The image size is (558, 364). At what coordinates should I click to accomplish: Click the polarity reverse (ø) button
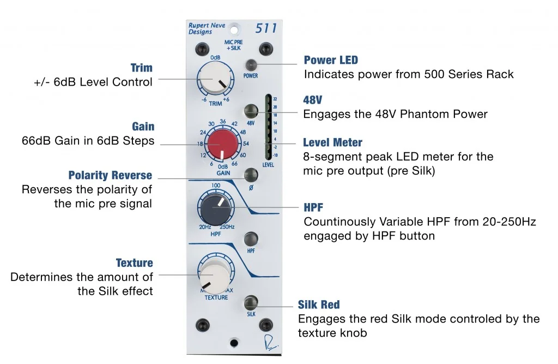pos(251,176)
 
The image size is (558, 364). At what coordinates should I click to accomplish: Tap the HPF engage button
pos(251,238)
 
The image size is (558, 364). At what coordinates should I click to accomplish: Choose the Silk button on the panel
pos(251,302)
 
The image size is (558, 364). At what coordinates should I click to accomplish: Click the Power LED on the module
pos(251,64)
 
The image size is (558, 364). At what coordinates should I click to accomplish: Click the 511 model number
pos(266,29)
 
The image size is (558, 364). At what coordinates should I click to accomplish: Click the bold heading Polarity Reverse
pos(110,176)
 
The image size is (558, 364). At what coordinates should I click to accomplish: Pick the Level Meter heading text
pos(332,143)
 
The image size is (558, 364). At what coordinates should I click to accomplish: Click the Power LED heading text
pos(331,60)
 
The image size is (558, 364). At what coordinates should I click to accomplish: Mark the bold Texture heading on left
pos(134,263)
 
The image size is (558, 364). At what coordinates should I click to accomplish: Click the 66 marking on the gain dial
pos(235,164)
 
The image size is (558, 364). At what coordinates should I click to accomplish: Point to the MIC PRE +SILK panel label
pos(234,45)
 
